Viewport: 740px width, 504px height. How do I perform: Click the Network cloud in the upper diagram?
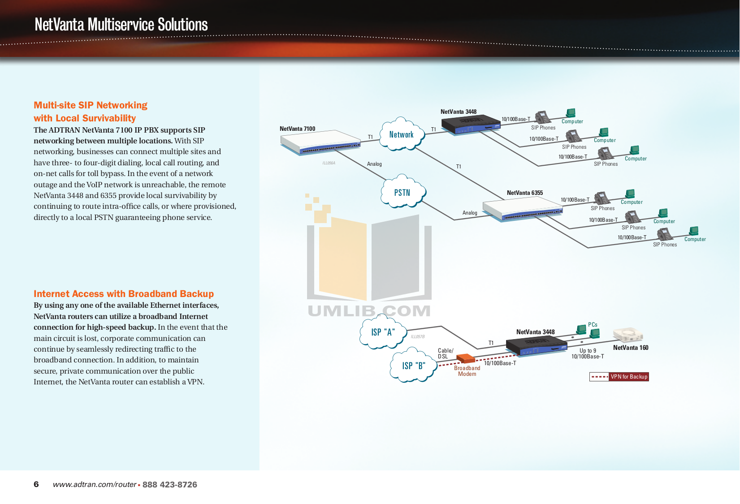pyautogui.click(x=401, y=134)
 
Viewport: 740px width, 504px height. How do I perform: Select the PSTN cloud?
pyautogui.click(x=402, y=193)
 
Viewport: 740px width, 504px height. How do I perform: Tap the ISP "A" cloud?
pyautogui.click(x=382, y=332)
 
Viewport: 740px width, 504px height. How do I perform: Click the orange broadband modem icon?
pyautogui.click(x=465, y=358)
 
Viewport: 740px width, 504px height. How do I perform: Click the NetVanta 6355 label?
pyautogui.click(x=524, y=193)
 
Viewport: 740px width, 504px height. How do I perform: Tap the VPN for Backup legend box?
pyautogui.click(x=619, y=377)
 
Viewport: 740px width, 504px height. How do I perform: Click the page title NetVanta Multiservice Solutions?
pyautogui.click(x=121, y=25)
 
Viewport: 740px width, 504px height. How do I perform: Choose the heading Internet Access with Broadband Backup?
pyautogui.click(x=124, y=294)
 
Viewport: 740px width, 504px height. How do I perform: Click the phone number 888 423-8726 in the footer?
pyautogui.click(x=169, y=485)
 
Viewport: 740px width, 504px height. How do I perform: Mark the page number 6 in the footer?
pyautogui.click(x=36, y=484)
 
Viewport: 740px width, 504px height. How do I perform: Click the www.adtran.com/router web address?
pyautogui.click(x=95, y=485)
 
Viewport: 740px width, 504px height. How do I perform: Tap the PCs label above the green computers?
pyautogui.click(x=593, y=325)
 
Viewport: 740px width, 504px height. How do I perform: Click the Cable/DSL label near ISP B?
pyautogui.click(x=445, y=353)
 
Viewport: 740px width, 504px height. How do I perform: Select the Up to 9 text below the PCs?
pyautogui.click(x=588, y=351)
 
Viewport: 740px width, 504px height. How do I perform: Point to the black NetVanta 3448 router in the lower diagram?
pyautogui.click(x=536, y=346)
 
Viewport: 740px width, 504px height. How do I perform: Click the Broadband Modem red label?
pyautogui.click(x=467, y=371)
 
